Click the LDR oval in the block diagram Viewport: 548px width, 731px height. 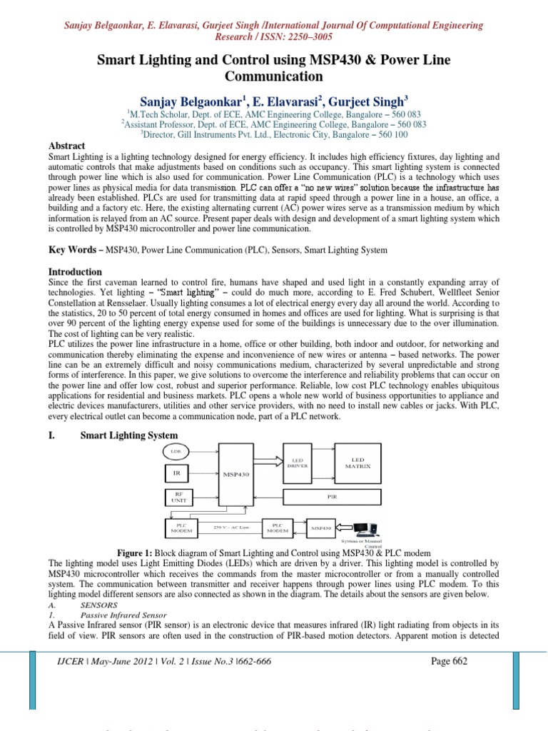tap(175, 451)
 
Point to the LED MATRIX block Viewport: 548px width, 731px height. tap(357, 462)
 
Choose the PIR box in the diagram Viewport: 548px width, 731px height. tap(331, 494)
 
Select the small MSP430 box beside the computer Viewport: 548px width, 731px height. tap(321, 528)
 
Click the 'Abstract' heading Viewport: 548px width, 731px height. tap(66, 145)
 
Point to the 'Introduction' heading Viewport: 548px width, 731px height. tap(75, 272)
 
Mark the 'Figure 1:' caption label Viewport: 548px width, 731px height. tap(139, 553)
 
